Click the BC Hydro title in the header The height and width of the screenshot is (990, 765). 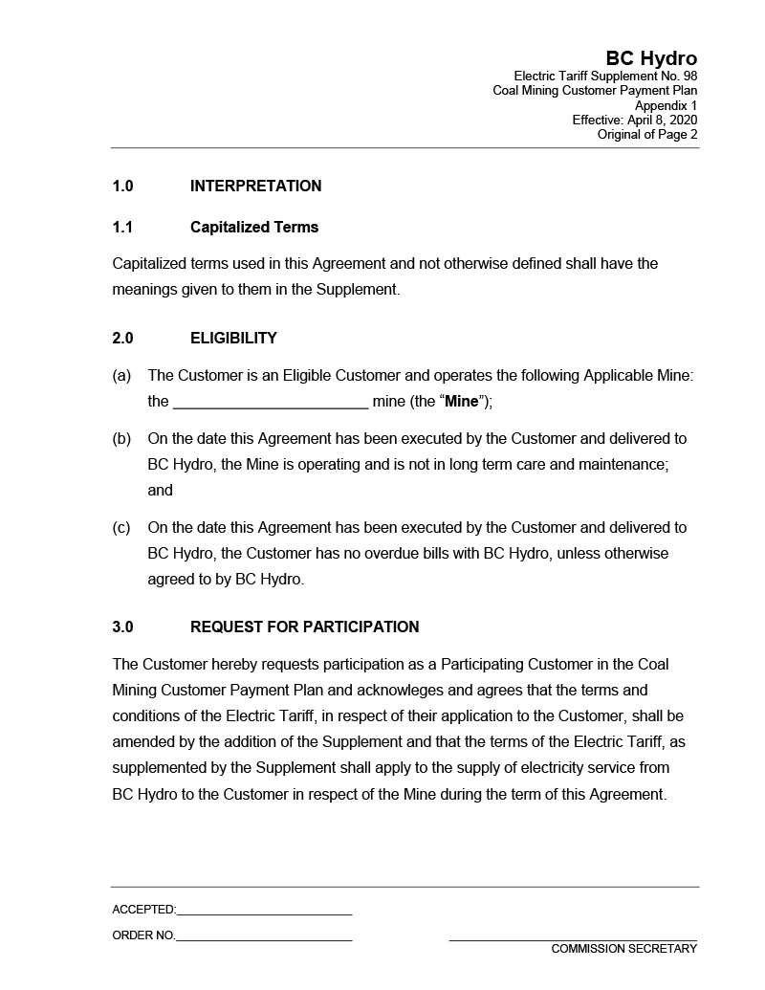click(650, 59)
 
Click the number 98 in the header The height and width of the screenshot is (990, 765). click(688, 77)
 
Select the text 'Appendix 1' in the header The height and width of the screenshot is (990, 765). click(666, 105)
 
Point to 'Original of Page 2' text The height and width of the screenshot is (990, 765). click(646, 135)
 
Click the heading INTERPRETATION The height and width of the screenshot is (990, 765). click(255, 187)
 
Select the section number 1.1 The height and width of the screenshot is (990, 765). click(122, 228)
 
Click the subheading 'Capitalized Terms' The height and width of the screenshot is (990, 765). click(254, 228)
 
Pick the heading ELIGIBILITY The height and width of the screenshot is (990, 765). click(233, 339)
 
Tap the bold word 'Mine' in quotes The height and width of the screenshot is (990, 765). click(461, 402)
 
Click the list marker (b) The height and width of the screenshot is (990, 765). click(121, 439)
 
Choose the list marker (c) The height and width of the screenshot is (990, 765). click(121, 528)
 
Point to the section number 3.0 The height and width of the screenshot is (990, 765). click(122, 627)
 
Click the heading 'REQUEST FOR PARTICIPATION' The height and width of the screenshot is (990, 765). click(304, 627)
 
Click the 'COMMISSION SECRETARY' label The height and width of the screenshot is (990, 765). click(623, 949)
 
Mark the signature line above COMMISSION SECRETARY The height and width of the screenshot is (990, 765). click(572, 940)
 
